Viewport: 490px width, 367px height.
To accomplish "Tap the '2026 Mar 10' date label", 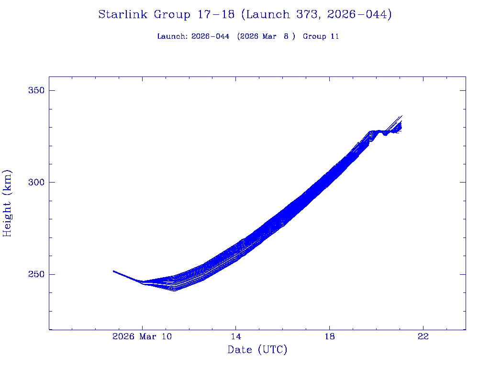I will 142,336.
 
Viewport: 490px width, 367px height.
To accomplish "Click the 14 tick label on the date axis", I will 235,336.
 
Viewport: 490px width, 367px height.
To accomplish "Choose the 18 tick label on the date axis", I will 329,336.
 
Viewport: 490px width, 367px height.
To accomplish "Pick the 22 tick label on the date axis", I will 423,336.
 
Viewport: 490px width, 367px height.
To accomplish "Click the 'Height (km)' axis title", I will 7,203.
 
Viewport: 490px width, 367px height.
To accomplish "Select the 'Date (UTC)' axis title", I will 257,350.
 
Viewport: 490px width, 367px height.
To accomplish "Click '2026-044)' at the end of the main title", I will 359,15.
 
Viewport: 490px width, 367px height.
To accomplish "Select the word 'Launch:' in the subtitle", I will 172,36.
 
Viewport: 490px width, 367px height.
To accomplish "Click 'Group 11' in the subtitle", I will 321,36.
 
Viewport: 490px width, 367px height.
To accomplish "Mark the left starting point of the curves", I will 113,271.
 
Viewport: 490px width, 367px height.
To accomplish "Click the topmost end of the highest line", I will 402,116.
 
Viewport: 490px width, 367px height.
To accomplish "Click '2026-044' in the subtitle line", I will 210,36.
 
